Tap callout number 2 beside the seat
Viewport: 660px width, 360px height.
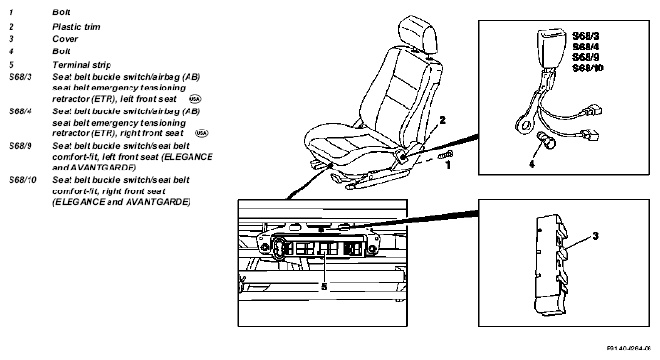[x=442, y=120]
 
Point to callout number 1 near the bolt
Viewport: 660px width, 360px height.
[x=448, y=165]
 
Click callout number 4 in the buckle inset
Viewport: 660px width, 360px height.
[x=531, y=164]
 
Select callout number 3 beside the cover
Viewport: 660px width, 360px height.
[x=595, y=236]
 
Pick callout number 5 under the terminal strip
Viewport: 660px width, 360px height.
[x=324, y=287]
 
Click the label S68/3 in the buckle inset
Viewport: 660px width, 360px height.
[x=586, y=36]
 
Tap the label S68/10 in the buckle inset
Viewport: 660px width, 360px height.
[x=588, y=68]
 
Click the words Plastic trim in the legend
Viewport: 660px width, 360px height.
[x=76, y=27]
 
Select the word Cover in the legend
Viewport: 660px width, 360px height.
[x=66, y=39]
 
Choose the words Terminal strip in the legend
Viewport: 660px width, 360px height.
[x=82, y=65]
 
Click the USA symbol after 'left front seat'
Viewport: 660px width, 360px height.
[x=195, y=99]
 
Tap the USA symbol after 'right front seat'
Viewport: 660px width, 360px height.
[x=202, y=133]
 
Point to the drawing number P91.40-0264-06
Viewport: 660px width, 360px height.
[x=629, y=349]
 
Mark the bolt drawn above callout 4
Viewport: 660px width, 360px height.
[x=547, y=140]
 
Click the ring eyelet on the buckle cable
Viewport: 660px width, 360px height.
[x=525, y=125]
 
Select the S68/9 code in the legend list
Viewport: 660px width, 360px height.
[x=20, y=146]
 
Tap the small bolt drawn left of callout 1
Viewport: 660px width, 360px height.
[x=446, y=155]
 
